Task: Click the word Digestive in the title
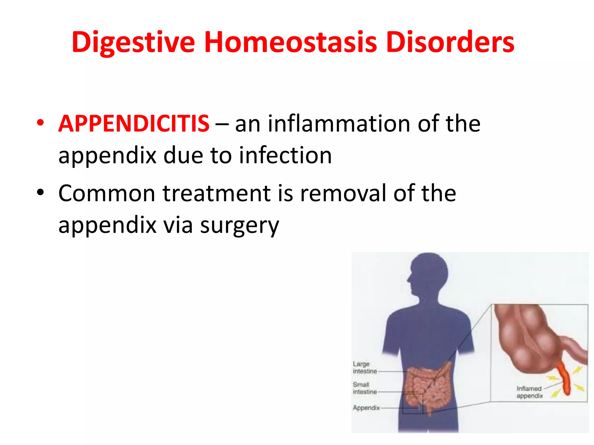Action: coord(133,43)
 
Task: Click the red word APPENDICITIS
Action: coord(134,124)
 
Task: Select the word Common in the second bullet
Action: coord(107,193)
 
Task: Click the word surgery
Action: coord(240,226)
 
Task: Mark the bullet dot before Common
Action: coord(40,192)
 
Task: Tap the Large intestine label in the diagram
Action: coord(364,368)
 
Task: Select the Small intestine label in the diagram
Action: coord(364,388)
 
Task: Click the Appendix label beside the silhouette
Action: coord(366,408)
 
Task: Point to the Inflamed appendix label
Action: coord(529,392)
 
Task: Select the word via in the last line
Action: coord(178,226)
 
